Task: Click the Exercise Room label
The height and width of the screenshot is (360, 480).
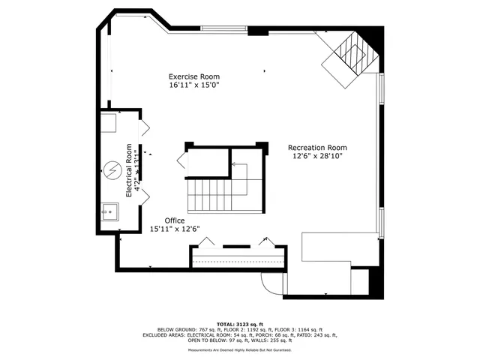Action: (193, 76)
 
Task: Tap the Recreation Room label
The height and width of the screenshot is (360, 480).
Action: (317, 147)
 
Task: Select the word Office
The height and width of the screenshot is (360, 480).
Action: (175, 220)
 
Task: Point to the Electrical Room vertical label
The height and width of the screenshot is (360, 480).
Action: (129, 169)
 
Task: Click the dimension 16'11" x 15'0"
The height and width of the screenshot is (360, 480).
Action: (193, 85)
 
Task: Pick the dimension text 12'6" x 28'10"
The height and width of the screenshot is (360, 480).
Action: (317, 157)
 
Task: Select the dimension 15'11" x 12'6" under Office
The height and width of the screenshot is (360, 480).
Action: (175, 229)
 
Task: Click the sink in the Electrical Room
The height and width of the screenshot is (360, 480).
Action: (110, 211)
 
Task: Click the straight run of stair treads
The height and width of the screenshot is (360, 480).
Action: (206, 196)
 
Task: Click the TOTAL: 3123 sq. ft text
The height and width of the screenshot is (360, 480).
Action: (240, 322)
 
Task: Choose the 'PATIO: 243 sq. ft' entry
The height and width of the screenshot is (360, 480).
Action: (315, 335)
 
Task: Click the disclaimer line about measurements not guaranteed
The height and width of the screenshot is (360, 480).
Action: (240, 349)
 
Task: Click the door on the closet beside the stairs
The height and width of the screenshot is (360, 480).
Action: (181, 160)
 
